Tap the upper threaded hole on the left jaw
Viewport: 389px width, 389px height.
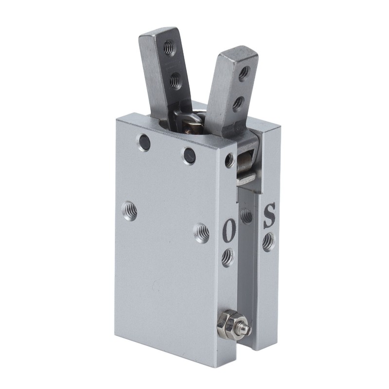click(x=168, y=48)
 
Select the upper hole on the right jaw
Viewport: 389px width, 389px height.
click(x=244, y=73)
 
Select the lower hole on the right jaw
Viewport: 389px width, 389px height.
click(x=237, y=103)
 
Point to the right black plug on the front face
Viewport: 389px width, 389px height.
click(x=189, y=155)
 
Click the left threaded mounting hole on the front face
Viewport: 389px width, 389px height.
click(x=129, y=211)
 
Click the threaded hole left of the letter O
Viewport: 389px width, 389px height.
click(x=201, y=233)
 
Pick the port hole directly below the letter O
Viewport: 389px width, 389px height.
click(x=228, y=257)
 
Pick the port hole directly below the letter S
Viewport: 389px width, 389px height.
click(x=268, y=242)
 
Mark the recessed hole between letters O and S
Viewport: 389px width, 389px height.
click(x=247, y=215)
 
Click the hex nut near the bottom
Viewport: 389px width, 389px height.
click(x=227, y=321)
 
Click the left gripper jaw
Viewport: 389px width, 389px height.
click(x=161, y=73)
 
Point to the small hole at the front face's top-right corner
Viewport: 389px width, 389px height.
click(x=229, y=160)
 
